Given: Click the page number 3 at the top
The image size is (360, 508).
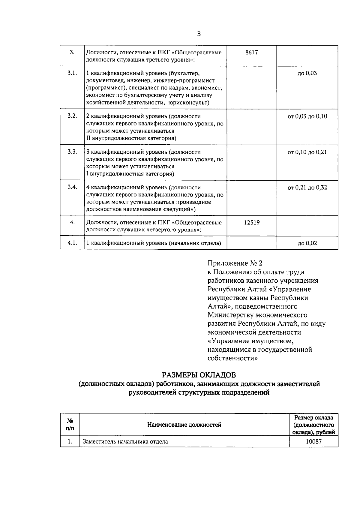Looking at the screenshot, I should pyautogui.click(x=199, y=34).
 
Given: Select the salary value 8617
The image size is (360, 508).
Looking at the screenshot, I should pyautogui.click(x=251, y=53).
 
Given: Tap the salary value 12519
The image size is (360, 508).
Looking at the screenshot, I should pyautogui.click(x=251, y=223).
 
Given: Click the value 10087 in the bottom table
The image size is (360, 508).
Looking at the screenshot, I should pyautogui.click(x=313, y=441).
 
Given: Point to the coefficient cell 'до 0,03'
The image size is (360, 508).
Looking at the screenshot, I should pyautogui.click(x=307, y=73).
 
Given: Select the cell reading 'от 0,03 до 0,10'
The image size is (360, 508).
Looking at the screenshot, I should pyautogui.click(x=307, y=116).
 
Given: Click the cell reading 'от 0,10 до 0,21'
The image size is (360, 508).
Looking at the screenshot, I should pyautogui.click(x=307, y=152).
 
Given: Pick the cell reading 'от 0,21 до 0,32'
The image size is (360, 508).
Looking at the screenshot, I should pyautogui.click(x=307, y=188).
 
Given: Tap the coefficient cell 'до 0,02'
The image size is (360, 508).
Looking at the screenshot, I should pyautogui.click(x=307, y=243).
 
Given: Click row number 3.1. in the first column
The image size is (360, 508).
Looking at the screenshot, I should pyautogui.click(x=72, y=73).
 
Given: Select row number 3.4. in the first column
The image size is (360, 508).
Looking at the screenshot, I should pyautogui.click(x=72, y=187).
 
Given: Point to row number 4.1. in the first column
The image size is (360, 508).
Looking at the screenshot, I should pyautogui.click(x=72, y=243).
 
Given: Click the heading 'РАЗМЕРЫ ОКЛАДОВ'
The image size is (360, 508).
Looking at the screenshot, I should pyautogui.click(x=199, y=375).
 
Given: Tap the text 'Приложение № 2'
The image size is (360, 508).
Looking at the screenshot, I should pyautogui.click(x=235, y=263).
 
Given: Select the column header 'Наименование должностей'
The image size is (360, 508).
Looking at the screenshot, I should pyautogui.click(x=184, y=425).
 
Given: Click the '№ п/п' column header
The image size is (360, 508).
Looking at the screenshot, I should pyautogui.click(x=70, y=425).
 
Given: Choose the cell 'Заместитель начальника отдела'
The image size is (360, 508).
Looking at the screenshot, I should pyautogui.click(x=125, y=442).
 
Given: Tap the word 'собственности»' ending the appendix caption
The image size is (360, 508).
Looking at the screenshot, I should pyautogui.click(x=232, y=358).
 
